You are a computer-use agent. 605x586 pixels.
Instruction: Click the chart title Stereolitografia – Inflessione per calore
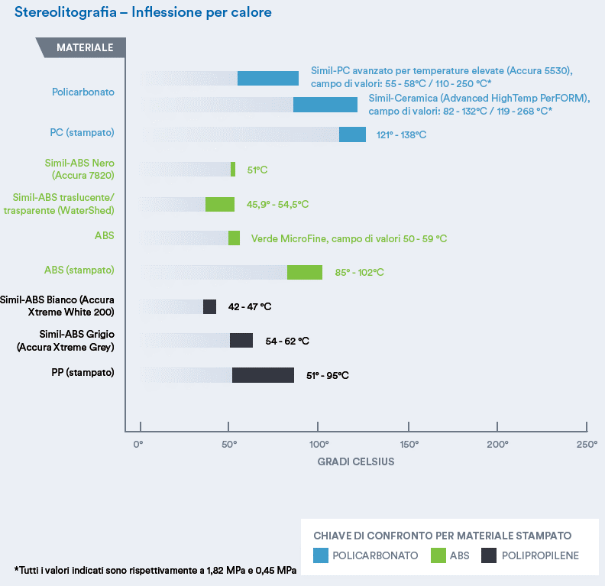[x=143, y=13]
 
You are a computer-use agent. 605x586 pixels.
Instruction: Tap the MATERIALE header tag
[x=84, y=47]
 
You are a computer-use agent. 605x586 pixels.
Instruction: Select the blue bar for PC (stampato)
[x=352, y=134]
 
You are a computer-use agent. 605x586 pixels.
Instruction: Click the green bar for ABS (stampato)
[x=305, y=273]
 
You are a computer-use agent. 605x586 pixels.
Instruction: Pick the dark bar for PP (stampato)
[x=263, y=375]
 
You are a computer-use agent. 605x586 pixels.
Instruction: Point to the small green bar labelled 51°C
[x=233, y=170]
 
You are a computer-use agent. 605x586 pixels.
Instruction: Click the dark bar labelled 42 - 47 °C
[x=209, y=307]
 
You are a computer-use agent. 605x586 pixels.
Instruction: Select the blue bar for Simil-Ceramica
[x=325, y=105]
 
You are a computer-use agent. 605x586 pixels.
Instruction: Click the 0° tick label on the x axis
[x=139, y=444]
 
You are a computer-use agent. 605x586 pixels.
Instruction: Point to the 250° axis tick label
[x=587, y=444]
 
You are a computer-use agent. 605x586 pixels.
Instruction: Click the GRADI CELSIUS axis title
[x=356, y=461]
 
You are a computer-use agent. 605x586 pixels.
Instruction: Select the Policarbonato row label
[x=83, y=92]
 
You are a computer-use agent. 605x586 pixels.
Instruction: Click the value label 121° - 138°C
[x=401, y=135]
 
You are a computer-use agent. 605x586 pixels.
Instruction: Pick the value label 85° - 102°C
[x=359, y=273]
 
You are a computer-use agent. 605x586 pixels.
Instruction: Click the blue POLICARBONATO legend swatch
[x=321, y=555]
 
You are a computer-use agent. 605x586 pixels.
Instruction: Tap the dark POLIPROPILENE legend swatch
[x=490, y=555]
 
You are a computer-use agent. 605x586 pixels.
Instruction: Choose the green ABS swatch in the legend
[x=438, y=555]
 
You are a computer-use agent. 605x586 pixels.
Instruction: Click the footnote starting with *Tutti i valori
[x=156, y=570]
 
